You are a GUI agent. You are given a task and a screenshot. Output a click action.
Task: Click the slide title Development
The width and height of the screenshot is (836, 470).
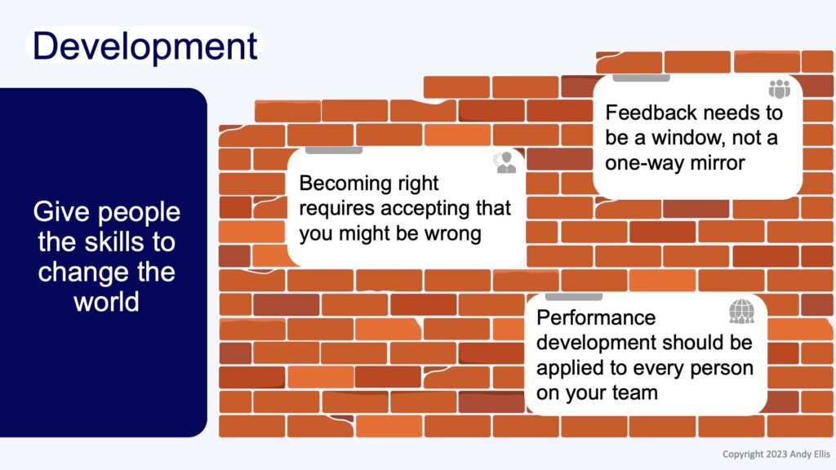coord(145,47)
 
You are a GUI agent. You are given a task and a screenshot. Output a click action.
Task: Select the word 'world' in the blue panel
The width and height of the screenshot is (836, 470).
coord(107,302)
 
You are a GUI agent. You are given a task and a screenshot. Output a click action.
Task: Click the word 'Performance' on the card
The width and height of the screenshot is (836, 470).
coord(596,317)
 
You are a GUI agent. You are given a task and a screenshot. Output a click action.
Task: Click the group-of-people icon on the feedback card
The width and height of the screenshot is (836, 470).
coord(780,89)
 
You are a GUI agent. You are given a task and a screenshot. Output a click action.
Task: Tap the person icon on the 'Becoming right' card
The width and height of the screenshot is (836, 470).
coord(505,162)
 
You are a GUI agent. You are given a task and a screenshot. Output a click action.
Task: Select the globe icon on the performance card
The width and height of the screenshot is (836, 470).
coord(741,312)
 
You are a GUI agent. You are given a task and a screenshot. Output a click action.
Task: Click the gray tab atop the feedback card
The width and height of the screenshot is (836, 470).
coord(641,78)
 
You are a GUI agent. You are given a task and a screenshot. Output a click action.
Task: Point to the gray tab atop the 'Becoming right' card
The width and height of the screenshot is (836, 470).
coord(334,151)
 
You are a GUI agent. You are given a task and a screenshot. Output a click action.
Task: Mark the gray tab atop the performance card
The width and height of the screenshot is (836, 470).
coord(574,297)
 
